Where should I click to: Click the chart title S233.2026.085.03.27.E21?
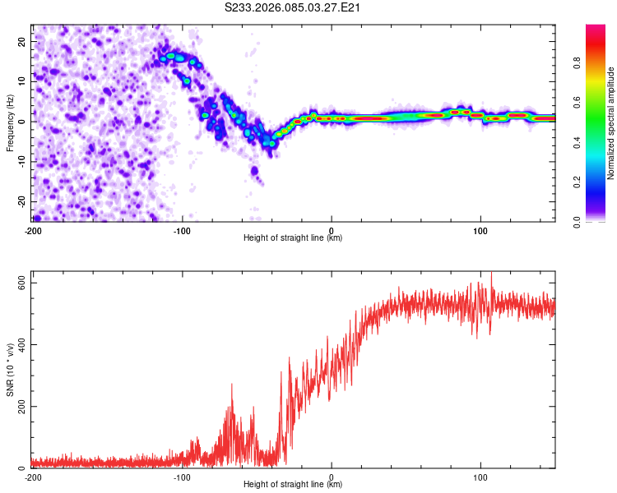(x=294, y=7)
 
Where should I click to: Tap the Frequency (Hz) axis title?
(x=10, y=122)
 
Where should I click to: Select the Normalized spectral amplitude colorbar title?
(x=611, y=124)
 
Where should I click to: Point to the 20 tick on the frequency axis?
(x=22, y=40)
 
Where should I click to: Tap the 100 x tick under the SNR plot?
(x=480, y=477)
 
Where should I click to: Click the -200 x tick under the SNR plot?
(x=33, y=477)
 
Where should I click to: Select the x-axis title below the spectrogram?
(x=293, y=238)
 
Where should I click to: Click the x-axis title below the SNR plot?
(x=293, y=485)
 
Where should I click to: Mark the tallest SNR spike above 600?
(x=491, y=275)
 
